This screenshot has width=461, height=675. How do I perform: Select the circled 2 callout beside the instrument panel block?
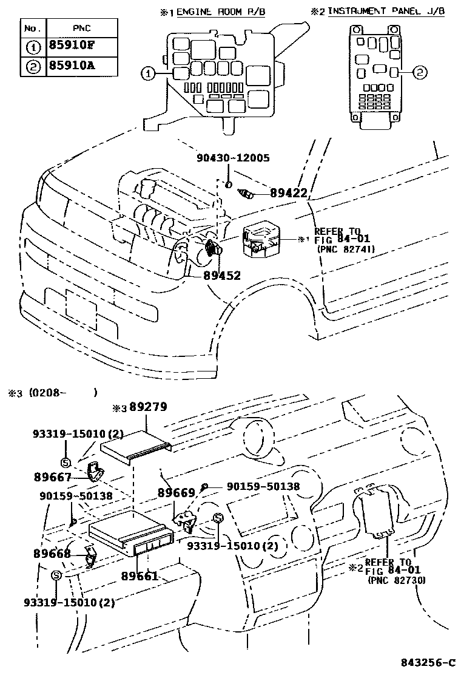(x=420, y=73)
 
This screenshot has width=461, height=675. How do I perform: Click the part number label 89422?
(x=289, y=194)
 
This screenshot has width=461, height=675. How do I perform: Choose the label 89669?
(x=177, y=494)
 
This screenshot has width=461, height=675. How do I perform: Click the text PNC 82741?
(x=345, y=249)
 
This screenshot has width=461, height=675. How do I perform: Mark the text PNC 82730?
(x=396, y=580)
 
